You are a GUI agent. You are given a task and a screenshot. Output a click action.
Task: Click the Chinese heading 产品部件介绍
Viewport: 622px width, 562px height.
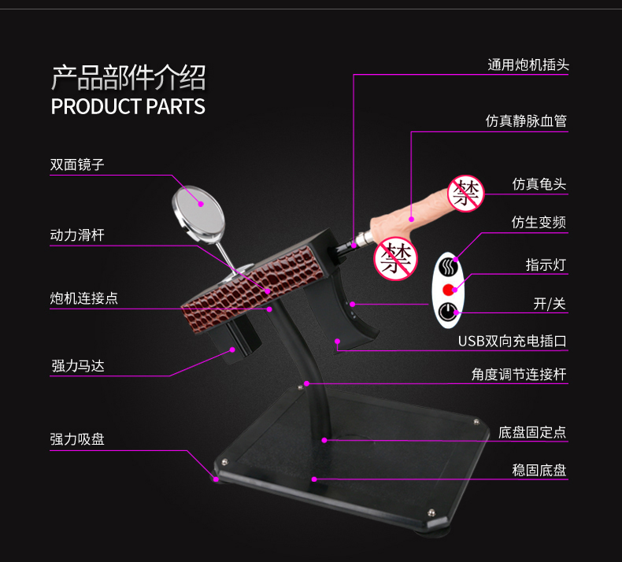click(128, 79)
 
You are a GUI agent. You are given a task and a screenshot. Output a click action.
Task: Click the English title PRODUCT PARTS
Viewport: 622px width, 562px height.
click(128, 107)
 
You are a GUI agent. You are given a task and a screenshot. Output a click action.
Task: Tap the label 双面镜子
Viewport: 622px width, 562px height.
click(77, 165)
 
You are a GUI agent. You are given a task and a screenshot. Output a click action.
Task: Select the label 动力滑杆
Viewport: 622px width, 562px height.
click(77, 235)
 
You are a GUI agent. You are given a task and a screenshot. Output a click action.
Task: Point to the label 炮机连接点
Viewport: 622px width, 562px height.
click(84, 298)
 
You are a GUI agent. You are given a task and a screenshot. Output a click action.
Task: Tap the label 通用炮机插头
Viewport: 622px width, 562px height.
click(528, 65)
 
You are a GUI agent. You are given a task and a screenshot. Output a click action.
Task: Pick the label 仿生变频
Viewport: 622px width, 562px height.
click(539, 223)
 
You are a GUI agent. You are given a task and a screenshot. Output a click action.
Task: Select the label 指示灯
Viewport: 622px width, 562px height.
click(546, 264)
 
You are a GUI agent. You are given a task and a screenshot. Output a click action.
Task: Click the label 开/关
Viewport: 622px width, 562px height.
click(550, 304)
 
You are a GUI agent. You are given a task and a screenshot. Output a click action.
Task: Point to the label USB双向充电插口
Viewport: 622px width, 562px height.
click(513, 341)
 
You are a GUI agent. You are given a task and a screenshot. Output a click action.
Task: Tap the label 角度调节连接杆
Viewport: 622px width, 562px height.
click(519, 375)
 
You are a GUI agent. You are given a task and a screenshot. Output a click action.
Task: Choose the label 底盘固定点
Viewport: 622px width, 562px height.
click(532, 432)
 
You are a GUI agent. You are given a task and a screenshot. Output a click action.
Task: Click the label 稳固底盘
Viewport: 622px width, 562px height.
click(539, 470)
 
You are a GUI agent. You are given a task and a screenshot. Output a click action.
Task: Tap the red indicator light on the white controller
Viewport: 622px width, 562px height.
click(450, 287)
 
